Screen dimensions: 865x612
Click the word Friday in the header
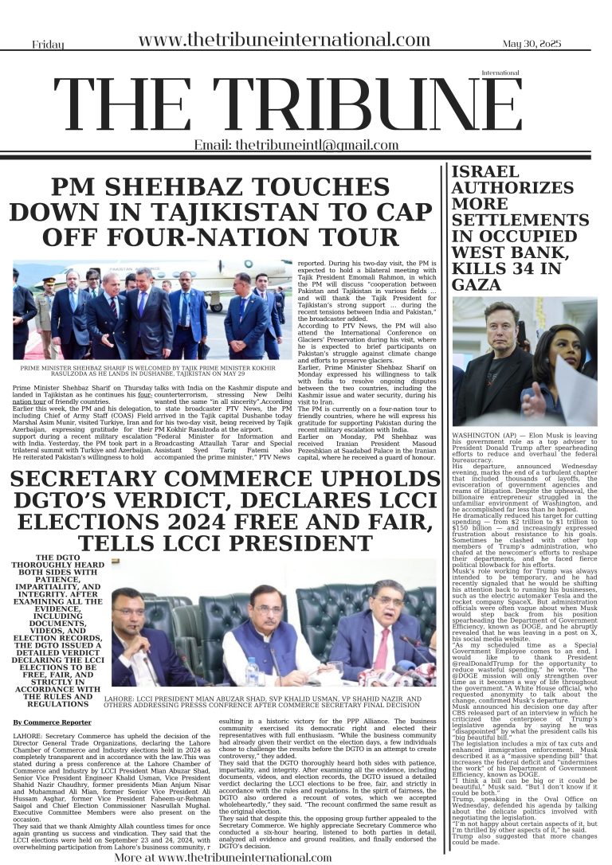pyautogui.click(x=48, y=45)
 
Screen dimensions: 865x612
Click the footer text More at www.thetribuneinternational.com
pyautogui.click(x=222, y=857)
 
